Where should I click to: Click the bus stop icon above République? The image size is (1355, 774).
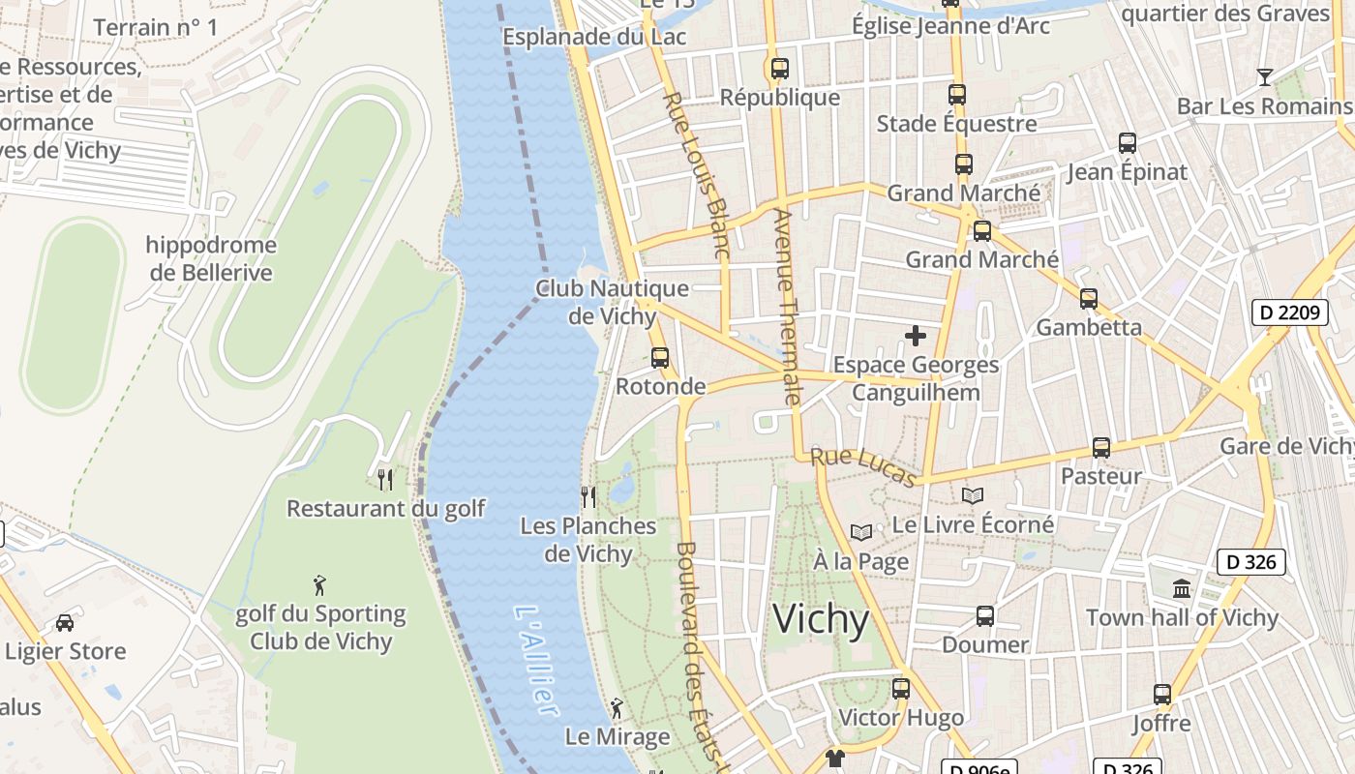point(779,69)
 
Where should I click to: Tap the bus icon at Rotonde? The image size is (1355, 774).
point(660,357)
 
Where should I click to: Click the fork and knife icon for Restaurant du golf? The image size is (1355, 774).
point(385,478)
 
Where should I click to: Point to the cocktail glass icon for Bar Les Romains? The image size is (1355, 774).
point(1264,77)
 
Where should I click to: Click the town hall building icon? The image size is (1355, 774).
point(1182,588)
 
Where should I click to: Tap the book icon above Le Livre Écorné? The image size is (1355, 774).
point(973,495)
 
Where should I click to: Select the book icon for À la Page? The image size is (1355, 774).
point(860,532)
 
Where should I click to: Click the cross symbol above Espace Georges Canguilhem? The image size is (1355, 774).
point(916,336)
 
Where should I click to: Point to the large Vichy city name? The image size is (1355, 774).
point(821,619)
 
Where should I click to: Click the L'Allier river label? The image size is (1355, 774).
point(537,662)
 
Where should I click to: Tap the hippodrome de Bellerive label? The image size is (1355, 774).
point(211,259)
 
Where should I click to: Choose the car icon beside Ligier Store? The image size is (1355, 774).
point(65,622)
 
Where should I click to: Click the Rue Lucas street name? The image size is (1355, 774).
point(862,466)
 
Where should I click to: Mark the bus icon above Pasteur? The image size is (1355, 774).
point(1101,448)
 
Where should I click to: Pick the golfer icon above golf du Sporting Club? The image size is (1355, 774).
point(319,584)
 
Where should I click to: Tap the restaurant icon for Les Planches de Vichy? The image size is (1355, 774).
point(587,496)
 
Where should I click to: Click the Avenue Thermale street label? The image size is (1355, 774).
point(788,306)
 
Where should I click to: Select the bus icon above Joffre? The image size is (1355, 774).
point(1162,694)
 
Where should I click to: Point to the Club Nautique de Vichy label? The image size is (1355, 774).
point(612,302)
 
